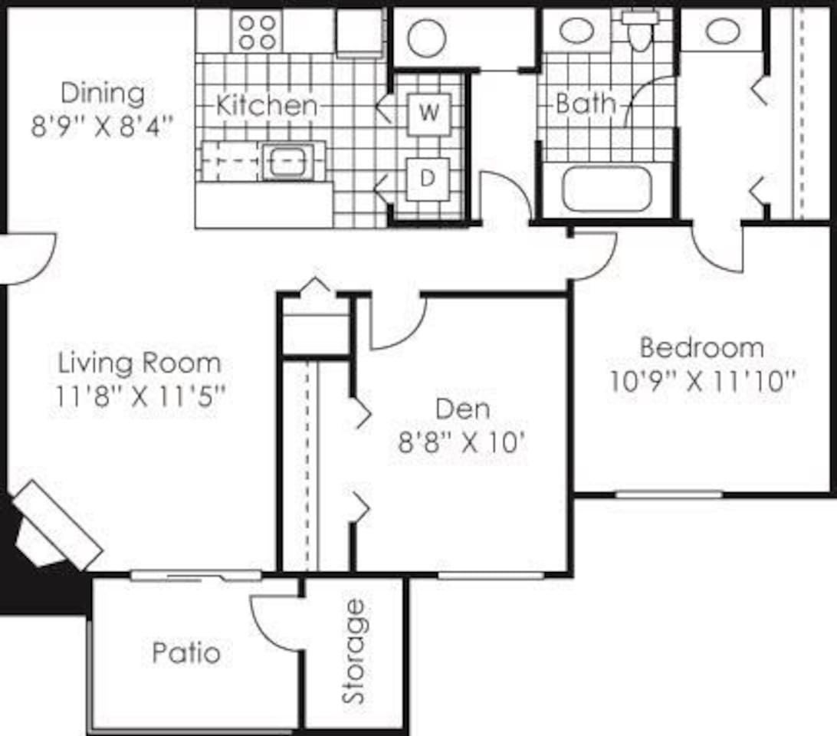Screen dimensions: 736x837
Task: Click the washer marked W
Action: tap(429, 113)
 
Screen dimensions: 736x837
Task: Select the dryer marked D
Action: tap(428, 178)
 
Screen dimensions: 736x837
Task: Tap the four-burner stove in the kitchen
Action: tap(258, 31)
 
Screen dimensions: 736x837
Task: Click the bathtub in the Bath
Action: tap(606, 189)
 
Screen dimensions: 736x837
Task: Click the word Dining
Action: tap(102, 94)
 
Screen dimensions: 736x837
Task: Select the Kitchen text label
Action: tap(265, 105)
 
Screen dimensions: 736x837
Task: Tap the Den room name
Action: tap(462, 409)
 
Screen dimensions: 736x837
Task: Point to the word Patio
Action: tap(186, 653)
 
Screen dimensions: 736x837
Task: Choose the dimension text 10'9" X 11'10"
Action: tap(698, 381)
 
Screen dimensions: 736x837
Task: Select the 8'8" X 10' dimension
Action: tap(462, 443)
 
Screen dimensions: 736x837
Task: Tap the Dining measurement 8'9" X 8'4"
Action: tap(100, 126)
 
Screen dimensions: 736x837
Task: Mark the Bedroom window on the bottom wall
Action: tap(668, 495)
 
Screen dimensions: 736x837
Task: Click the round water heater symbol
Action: tap(427, 38)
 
